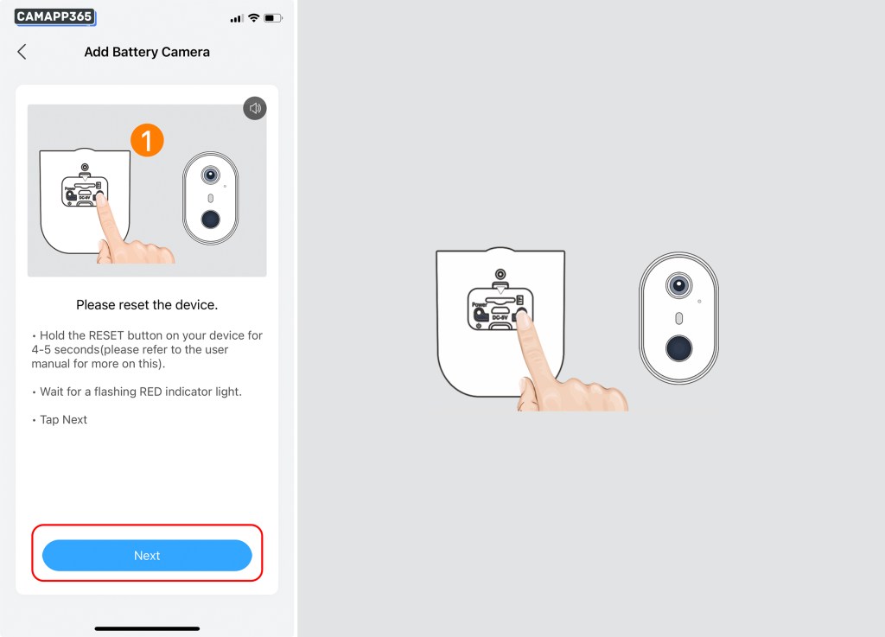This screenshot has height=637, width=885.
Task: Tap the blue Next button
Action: (147, 555)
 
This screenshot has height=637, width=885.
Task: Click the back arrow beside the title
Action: (22, 52)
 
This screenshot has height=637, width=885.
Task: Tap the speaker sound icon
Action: (255, 108)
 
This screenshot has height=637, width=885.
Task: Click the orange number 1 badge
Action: (147, 140)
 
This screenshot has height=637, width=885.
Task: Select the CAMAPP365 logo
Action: (54, 17)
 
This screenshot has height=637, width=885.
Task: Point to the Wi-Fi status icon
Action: (254, 18)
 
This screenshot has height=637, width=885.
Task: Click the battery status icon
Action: (273, 18)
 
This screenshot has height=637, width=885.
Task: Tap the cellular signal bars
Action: (236, 19)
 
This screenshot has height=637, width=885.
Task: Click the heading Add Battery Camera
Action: (147, 52)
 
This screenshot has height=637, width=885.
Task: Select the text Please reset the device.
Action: (147, 305)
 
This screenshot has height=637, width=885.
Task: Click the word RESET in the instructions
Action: (106, 335)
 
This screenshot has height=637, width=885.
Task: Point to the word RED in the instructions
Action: (150, 392)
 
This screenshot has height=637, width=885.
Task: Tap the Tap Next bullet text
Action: (63, 420)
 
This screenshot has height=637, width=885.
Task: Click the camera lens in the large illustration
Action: (678, 285)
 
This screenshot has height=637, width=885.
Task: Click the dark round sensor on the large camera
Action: (678, 348)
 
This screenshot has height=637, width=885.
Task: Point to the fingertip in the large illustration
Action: (523, 321)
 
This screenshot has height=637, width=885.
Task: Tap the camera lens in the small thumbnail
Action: (211, 175)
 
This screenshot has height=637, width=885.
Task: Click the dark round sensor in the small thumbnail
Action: (211, 219)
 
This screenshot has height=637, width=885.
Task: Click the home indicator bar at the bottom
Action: (147, 628)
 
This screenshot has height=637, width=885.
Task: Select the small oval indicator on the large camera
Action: (678, 318)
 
